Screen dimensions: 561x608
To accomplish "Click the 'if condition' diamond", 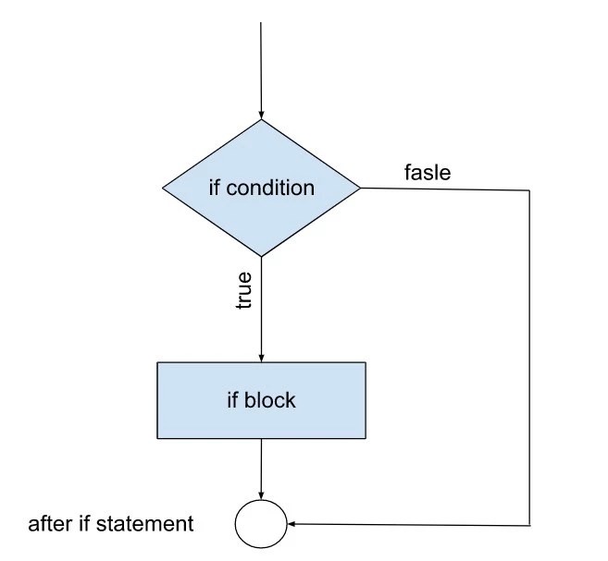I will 261,188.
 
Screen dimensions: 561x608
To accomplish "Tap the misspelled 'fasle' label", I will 428,172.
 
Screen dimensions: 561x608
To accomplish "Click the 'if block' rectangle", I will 261,400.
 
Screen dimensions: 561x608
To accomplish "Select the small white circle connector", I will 261,524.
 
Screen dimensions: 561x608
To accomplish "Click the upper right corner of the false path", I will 529,189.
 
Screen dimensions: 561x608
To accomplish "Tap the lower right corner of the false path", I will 529,524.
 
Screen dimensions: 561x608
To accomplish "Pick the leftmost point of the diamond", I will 163,188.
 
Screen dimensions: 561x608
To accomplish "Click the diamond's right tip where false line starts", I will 360,188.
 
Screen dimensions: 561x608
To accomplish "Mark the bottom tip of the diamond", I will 261,256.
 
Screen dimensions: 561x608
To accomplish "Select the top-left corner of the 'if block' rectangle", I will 157,362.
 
